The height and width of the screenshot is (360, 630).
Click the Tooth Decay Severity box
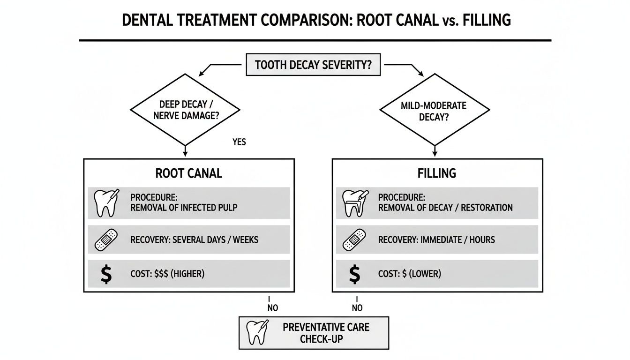tap(313, 65)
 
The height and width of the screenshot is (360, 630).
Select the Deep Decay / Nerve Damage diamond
tap(184, 110)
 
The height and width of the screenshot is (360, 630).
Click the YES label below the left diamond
tap(239, 142)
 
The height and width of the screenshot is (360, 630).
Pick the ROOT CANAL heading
tap(188, 173)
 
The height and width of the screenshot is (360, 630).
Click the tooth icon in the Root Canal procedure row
tap(106, 202)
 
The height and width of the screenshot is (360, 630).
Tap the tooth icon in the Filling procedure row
tap(354, 202)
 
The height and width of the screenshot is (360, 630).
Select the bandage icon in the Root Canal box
tap(106, 240)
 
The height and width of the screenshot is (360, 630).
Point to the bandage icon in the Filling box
tap(354, 240)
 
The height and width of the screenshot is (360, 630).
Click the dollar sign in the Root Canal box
tap(106, 274)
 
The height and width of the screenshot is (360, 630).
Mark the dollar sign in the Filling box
tap(354, 274)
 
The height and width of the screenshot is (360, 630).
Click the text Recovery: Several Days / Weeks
tap(194, 240)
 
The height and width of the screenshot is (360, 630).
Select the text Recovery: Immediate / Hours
tap(436, 240)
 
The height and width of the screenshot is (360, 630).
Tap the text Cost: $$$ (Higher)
tap(167, 274)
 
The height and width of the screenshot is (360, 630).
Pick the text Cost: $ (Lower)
tap(409, 274)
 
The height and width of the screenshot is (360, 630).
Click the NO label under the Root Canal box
tap(272, 308)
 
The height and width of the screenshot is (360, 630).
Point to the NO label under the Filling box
tap(357, 308)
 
